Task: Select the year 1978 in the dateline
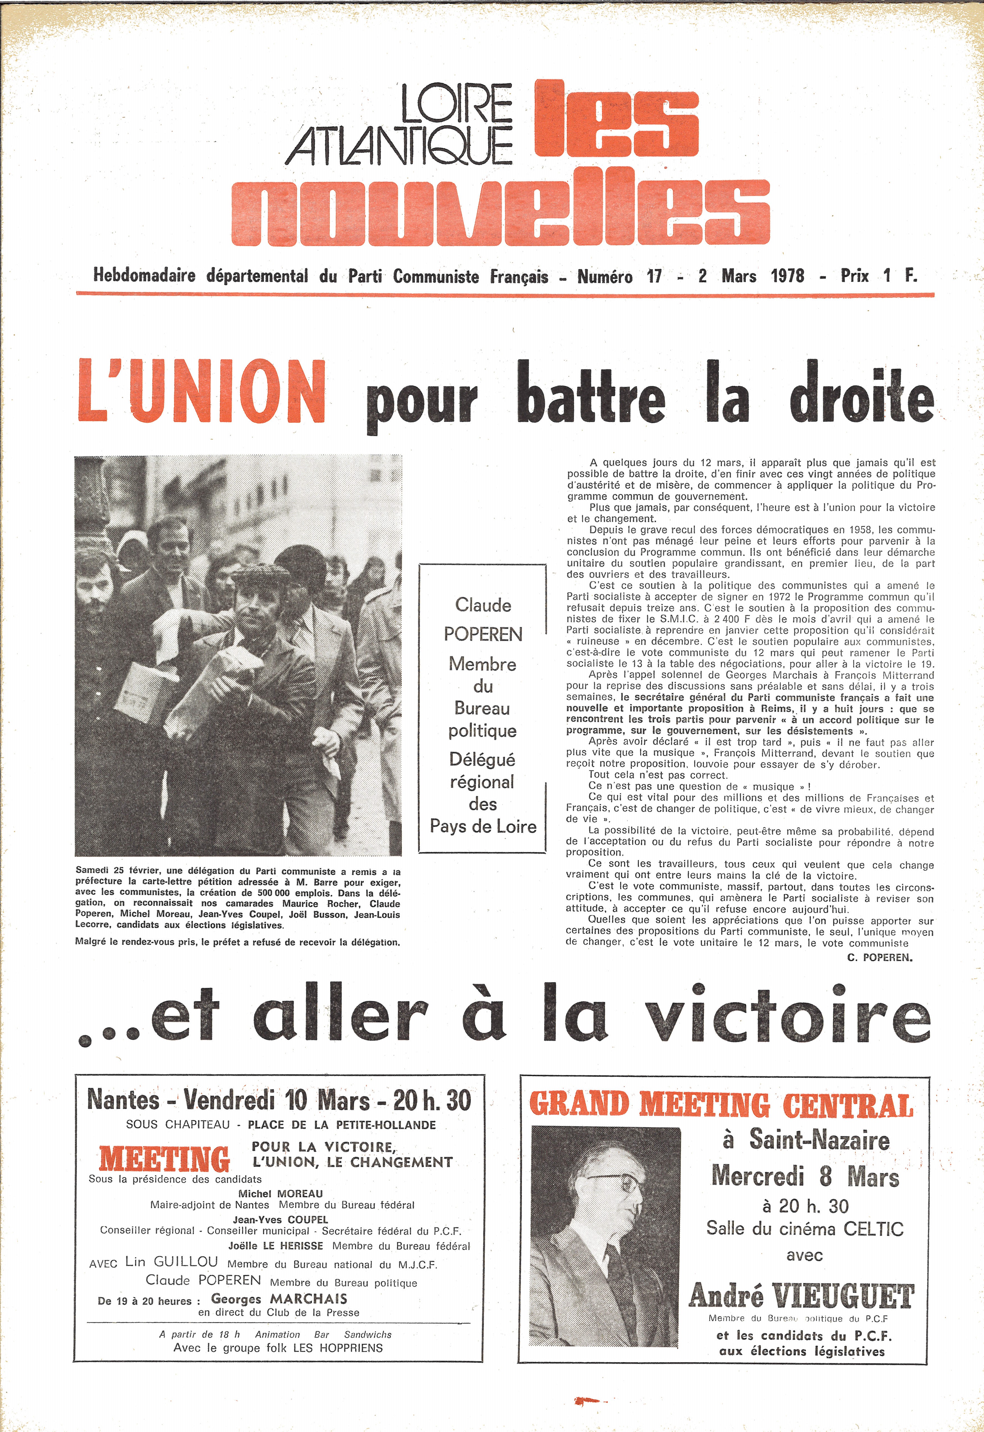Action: click(x=787, y=276)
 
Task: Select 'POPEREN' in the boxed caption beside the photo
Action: click(x=483, y=634)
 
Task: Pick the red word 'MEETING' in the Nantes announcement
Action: click(x=164, y=1159)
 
